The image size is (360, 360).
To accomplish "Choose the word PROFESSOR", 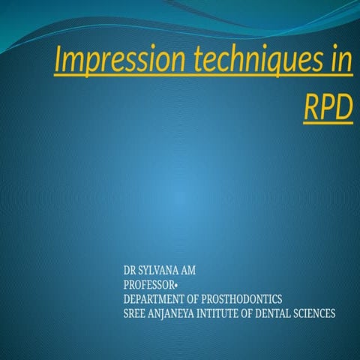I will click(148, 283).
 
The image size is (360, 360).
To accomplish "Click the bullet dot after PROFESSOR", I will click(176, 284).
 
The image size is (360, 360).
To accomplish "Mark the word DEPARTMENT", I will click(155, 298).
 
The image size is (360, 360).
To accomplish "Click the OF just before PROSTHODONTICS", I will click(198, 298).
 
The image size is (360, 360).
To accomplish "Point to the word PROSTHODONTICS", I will click(244, 298).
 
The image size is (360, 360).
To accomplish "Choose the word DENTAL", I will click(280, 313).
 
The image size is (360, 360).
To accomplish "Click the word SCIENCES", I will click(317, 313).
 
